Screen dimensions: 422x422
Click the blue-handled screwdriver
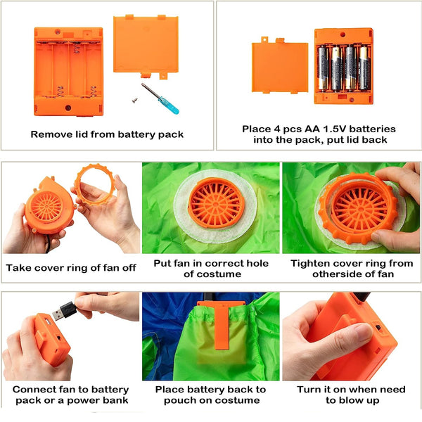coord(160,98)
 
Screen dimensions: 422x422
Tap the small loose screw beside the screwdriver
coord(135,100)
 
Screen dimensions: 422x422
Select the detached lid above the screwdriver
coord(146,46)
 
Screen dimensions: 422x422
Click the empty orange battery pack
coord(68,72)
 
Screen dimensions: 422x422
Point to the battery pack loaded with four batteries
coord(344,66)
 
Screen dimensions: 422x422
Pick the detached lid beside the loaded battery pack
coord(280,65)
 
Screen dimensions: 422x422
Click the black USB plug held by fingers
coord(65,311)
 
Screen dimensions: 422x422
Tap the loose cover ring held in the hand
coord(95,184)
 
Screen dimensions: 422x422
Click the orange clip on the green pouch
coord(222,324)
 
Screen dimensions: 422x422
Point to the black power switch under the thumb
coord(378,328)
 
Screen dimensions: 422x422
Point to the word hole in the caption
coord(257,263)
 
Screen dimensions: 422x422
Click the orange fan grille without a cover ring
coord(216,203)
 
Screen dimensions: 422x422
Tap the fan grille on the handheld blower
coord(46,206)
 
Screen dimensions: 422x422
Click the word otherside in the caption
coord(336,274)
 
